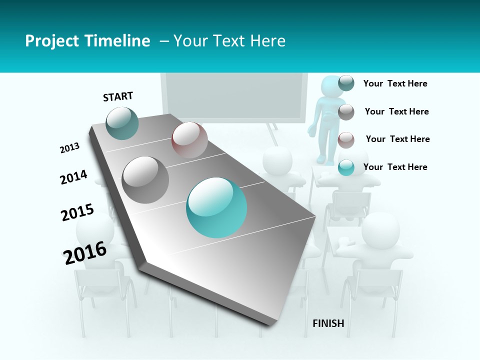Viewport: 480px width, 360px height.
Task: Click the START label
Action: (x=118, y=96)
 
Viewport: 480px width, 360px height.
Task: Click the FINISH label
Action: (x=328, y=323)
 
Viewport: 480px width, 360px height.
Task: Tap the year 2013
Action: (x=69, y=148)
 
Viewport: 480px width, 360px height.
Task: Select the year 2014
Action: (x=73, y=177)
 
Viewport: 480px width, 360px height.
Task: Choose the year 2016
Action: (x=85, y=252)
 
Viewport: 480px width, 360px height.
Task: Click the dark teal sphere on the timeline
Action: (x=122, y=123)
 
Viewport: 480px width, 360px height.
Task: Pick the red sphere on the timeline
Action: (x=189, y=140)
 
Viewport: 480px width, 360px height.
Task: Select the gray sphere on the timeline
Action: (x=145, y=179)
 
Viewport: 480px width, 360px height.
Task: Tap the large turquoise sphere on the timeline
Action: (x=216, y=207)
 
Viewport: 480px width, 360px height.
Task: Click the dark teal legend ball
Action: (x=346, y=83)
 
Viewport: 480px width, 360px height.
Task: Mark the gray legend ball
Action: (x=346, y=112)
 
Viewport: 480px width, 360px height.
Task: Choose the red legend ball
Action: (x=346, y=140)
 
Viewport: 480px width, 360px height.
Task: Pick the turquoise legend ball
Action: (x=346, y=167)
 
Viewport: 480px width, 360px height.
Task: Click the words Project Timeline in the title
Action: (x=87, y=41)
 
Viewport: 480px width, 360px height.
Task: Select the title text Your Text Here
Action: (x=229, y=41)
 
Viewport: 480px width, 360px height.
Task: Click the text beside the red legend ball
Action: (x=397, y=139)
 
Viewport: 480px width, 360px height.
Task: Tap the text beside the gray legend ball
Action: (x=396, y=111)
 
